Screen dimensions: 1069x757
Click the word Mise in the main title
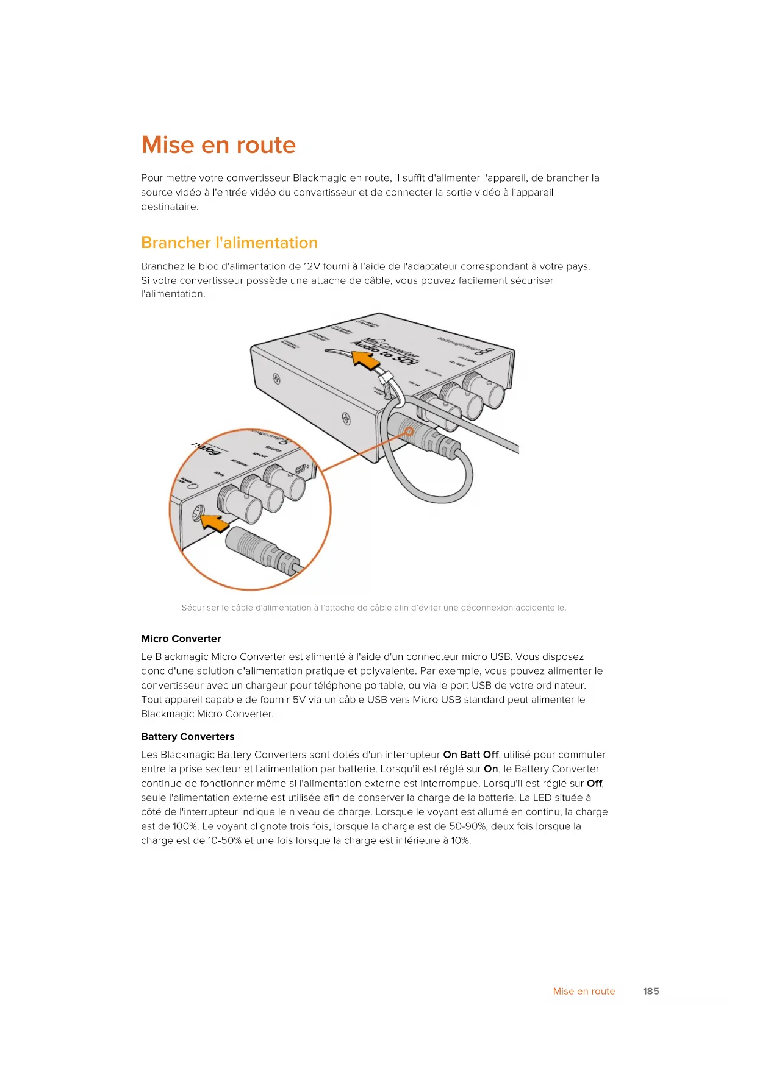pos(167,145)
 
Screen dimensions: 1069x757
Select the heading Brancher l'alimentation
pos(229,243)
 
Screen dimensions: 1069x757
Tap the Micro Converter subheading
pos(181,639)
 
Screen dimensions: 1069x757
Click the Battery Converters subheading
pos(187,736)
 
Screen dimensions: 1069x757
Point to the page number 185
pos(650,991)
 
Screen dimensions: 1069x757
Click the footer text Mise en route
pos(583,991)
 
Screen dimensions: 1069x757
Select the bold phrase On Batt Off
pos(470,755)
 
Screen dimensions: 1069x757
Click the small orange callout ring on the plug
pos(409,432)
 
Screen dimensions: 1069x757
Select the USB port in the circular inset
pos(300,469)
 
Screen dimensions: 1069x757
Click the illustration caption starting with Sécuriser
pos(373,608)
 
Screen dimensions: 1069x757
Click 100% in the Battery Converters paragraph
pos(184,826)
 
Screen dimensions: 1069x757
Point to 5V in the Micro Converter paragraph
pos(299,700)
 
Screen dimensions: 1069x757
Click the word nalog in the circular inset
pos(206,449)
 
